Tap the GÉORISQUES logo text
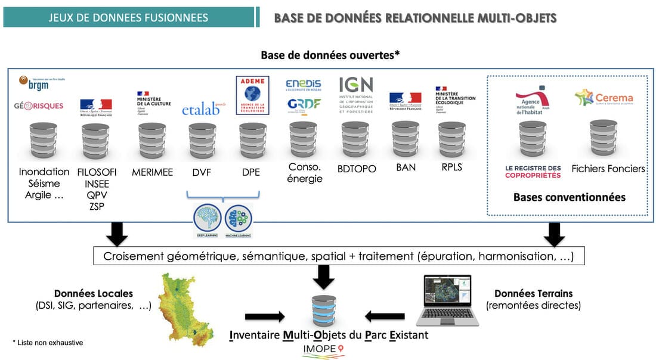(39, 107)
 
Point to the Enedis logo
(303, 85)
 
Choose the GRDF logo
(303, 105)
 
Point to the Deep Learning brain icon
(208, 219)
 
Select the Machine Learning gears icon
(238, 219)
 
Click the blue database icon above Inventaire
(324, 311)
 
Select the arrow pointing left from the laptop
(385, 316)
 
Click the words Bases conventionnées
(569, 197)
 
